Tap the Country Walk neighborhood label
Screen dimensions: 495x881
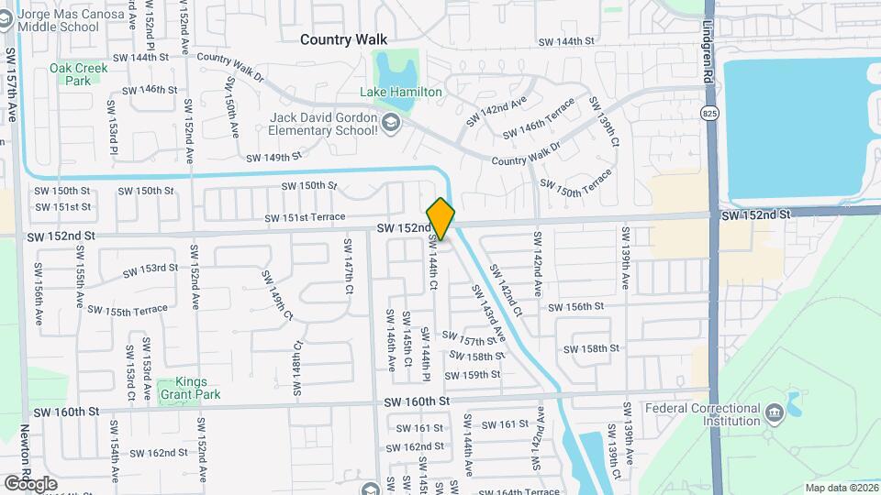coord(344,39)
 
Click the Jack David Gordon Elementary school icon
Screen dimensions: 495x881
coord(392,123)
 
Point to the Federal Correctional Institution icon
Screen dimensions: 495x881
coord(773,409)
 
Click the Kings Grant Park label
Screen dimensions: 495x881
coord(183,388)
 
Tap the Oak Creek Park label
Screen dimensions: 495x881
coord(78,73)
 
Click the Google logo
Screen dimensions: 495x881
coord(30,483)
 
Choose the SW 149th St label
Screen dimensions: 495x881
coord(273,157)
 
